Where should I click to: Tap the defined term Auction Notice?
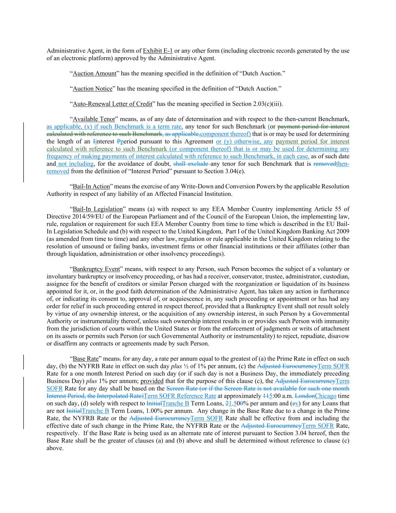click(x=92, y=89)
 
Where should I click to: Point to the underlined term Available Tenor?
click(x=94, y=119)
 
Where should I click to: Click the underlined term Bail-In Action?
click(x=91, y=186)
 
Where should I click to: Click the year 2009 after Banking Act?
click(x=342, y=232)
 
